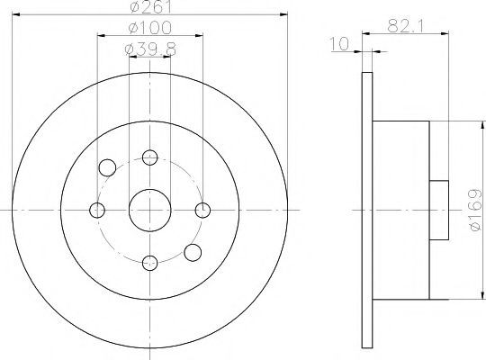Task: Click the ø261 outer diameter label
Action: click(150, 7)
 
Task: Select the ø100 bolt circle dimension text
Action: click(149, 28)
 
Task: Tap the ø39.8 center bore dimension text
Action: click(150, 49)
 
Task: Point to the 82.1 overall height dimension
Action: click(405, 26)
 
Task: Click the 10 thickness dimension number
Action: click(339, 44)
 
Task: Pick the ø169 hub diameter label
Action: click(476, 211)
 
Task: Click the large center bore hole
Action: click(150, 211)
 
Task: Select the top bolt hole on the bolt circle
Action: click(150, 157)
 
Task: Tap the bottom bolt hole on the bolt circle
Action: click(150, 263)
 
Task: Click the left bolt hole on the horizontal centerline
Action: click(97, 211)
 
